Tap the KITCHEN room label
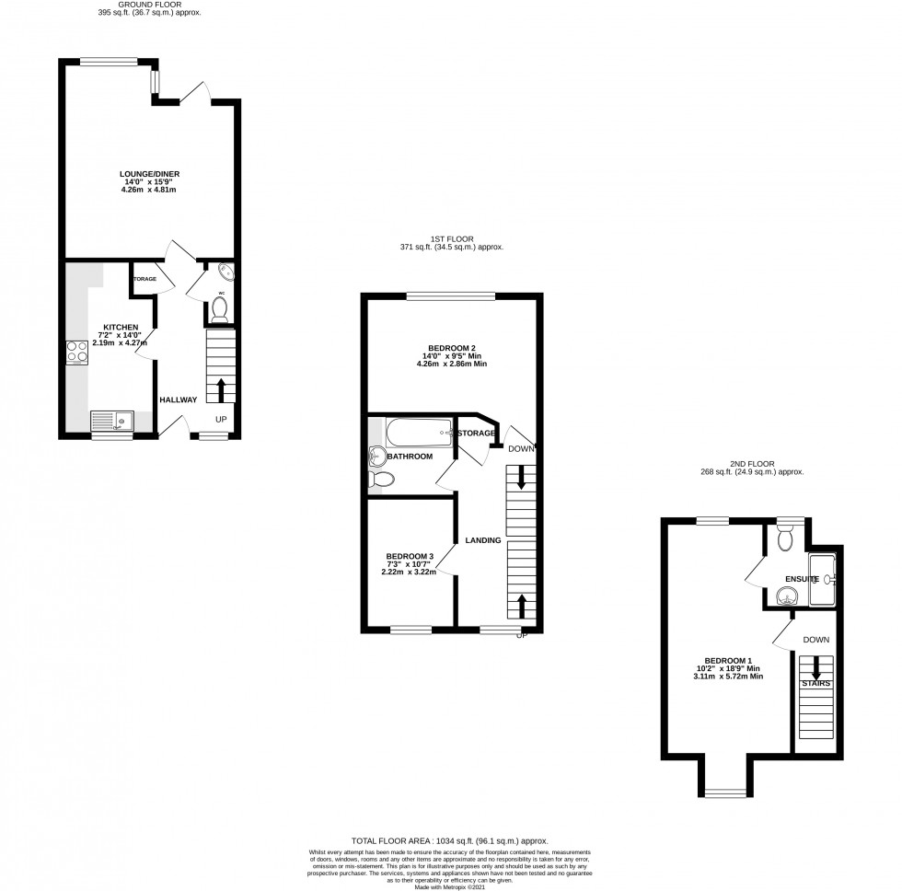[121, 327]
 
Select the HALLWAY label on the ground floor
[178, 399]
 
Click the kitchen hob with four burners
[75, 351]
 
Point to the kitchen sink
[111, 421]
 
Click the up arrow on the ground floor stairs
[220, 385]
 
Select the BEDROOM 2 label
[451, 348]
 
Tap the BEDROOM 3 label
[410, 556]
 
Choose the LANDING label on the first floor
[482, 540]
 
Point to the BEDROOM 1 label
[728, 661]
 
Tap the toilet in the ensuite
[784, 537]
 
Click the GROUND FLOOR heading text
[149, 5]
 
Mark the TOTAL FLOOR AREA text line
[450, 840]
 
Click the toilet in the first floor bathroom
[382, 479]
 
